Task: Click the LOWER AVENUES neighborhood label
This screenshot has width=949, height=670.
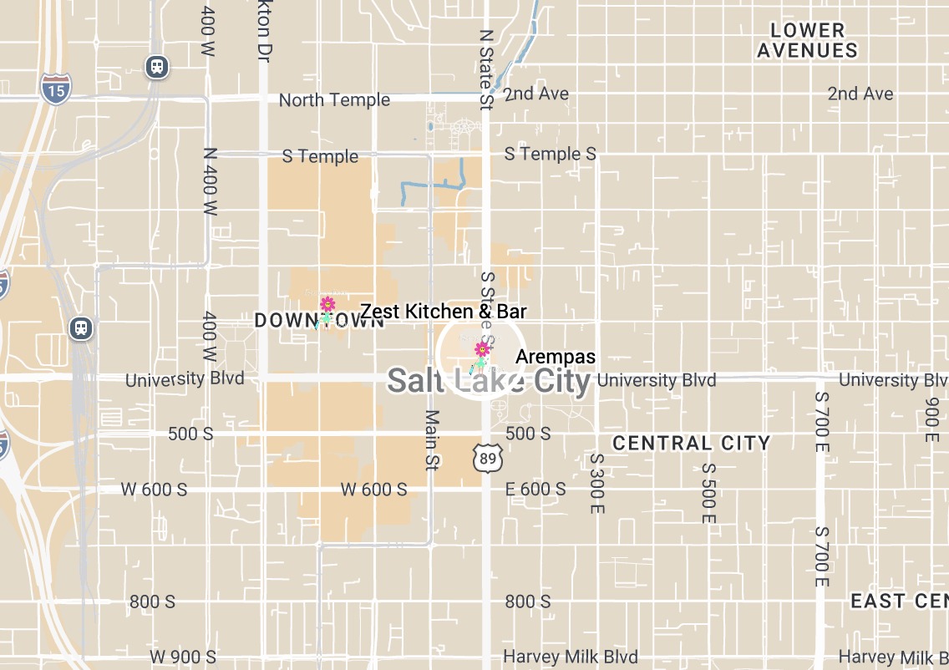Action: point(807,40)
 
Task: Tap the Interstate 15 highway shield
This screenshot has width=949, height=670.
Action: point(55,88)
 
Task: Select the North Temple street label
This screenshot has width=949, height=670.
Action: point(334,100)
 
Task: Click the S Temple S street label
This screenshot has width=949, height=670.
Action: point(550,155)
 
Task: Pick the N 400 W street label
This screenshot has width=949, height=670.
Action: point(210,182)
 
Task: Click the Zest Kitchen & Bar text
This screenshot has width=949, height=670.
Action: point(444,312)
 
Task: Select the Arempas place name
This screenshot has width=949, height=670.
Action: point(556,357)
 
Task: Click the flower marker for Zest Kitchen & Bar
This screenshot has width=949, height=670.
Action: point(327,304)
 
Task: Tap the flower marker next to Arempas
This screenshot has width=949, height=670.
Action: point(482,349)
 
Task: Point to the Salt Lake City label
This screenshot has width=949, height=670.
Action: point(489,381)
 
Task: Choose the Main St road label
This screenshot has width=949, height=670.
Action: point(432,439)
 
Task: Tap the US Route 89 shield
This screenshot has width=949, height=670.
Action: point(487,457)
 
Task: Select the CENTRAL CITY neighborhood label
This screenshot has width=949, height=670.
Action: point(691,443)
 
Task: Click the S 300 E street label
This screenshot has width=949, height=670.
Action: point(596,483)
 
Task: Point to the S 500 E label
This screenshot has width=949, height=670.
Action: point(708,494)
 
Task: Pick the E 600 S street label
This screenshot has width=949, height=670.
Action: point(535,490)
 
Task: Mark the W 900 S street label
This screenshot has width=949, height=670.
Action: point(183,657)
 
